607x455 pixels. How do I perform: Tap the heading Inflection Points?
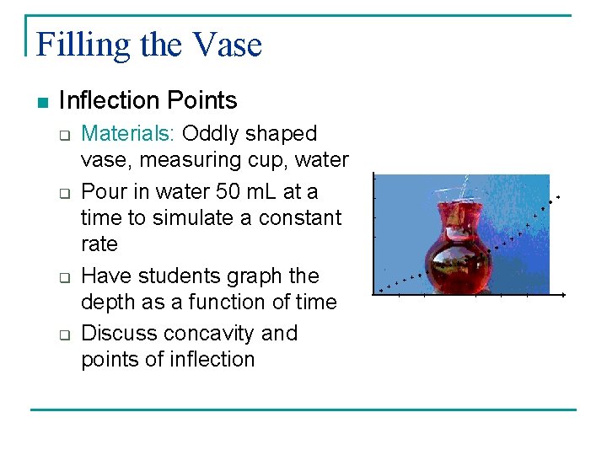point(148,101)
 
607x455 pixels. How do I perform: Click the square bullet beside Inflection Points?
point(42,103)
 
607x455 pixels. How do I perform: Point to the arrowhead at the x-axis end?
point(563,294)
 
